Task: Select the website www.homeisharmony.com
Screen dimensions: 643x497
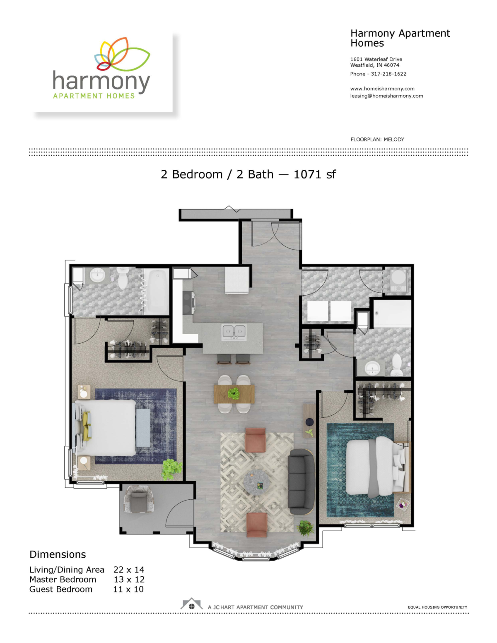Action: point(382,89)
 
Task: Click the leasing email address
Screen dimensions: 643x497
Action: point(386,96)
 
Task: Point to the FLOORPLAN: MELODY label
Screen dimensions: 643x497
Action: point(377,140)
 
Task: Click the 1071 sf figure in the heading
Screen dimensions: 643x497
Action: point(314,175)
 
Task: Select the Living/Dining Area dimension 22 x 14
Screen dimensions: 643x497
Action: point(128,570)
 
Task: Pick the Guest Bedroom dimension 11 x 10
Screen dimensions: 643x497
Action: point(128,589)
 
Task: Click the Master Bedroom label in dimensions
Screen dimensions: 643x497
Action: point(63,580)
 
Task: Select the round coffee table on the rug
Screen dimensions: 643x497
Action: point(256,482)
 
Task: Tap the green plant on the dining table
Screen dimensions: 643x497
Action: point(234,393)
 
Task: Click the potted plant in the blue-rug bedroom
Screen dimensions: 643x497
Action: point(171,468)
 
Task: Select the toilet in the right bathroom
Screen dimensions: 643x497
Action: point(396,365)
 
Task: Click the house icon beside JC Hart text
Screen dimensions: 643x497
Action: point(191,604)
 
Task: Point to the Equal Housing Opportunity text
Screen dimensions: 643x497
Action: point(437,607)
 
